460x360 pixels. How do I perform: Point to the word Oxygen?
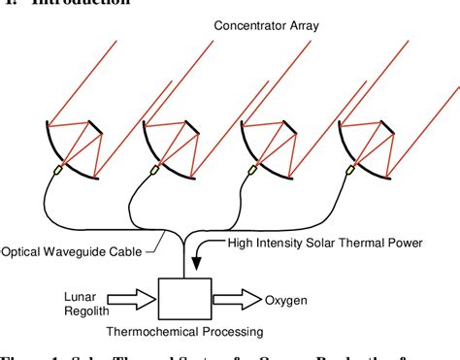(x=285, y=300)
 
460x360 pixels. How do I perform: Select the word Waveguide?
(x=84, y=251)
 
